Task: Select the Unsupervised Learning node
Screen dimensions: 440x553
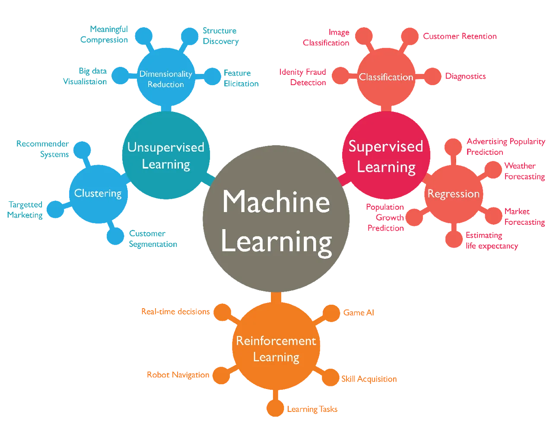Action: point(166,156)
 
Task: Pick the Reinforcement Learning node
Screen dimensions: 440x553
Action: point(276,349)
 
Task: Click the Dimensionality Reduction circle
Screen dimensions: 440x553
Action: point(165,79)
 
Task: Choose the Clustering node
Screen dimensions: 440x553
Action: point(98,193)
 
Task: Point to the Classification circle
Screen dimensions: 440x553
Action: point(386,77)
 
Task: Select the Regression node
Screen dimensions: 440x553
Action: point(453,194)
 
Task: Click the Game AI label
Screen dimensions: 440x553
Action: point(359,312)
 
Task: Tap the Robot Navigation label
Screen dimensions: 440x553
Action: point(178,375)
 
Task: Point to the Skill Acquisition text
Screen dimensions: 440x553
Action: point(369,379)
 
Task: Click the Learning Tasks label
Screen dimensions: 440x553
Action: point(312,409)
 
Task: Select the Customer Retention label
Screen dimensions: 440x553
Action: point(460,37)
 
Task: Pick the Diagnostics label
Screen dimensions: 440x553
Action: point(466,77)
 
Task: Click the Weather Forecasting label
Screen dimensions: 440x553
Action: point(524,171)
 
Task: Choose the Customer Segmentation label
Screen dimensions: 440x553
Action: point(153,239)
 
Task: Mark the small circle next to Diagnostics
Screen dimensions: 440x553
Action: point(432,77)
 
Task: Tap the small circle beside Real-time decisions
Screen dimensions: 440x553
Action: point(222,312)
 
